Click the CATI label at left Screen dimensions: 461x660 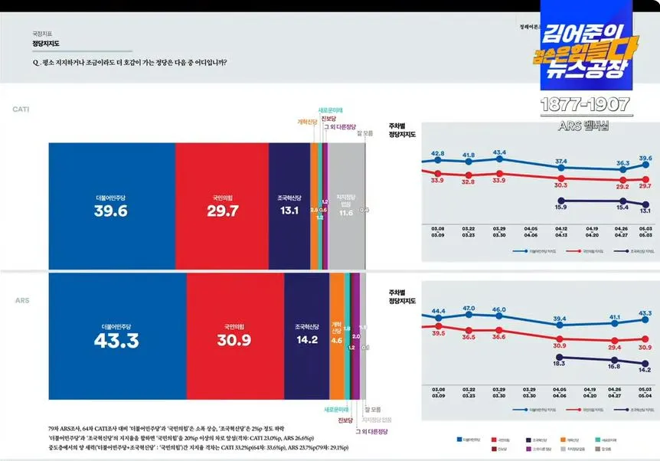click(21, 110)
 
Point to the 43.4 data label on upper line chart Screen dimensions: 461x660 click(499, 152)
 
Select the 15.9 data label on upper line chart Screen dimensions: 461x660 click(560, 208)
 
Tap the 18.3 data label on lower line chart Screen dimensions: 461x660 click(560, 365)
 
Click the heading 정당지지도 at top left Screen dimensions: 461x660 click(45, 44)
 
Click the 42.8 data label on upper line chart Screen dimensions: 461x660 click(438, 154)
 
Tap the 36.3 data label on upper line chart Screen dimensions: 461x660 click(622, 163)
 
